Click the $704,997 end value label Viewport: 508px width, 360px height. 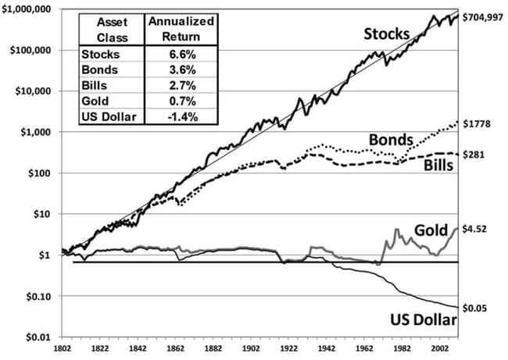tap(484, 16)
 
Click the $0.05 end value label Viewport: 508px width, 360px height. tap(476, 308)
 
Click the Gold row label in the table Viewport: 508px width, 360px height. tap(93, 102)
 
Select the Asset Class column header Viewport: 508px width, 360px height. tap(112, 28)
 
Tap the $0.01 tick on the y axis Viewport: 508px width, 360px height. tap(38, 337)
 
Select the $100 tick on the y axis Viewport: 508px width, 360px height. tap(40, 173)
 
